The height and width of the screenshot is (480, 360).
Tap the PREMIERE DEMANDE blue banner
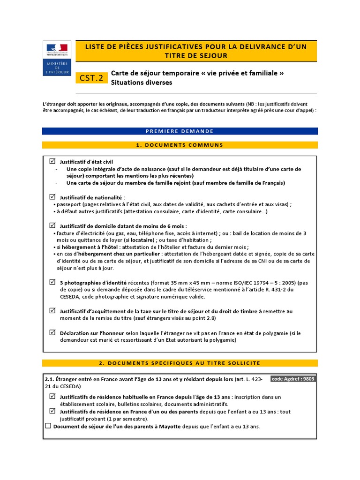(180, 131)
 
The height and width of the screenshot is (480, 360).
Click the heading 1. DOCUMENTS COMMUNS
(180, 145)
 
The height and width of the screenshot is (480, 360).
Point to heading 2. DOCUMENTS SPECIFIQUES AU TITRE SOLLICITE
(180, 363)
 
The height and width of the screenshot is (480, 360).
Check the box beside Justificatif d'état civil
(52, 161)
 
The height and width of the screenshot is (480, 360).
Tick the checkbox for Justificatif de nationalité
(52, 196)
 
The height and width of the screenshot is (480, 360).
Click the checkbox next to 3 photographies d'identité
(52, 282)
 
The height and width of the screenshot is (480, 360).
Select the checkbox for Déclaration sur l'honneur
(52, 332)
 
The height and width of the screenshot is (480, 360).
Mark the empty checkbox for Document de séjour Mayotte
(48, 426)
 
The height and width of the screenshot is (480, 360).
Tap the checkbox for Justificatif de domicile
(52, 225)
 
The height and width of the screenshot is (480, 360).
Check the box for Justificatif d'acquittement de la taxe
(52, 310)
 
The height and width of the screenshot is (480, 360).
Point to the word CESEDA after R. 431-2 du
(71, 297)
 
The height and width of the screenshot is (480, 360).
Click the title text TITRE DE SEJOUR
(196, 56)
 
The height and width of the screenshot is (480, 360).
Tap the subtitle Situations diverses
(142, 82)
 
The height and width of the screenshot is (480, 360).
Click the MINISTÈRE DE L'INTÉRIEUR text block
(56, 67)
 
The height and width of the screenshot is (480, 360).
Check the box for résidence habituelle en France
(52, 397)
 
